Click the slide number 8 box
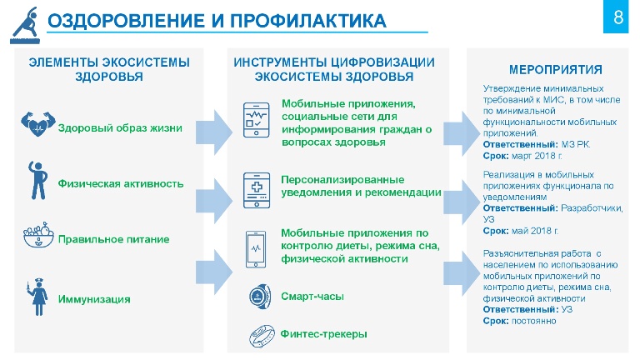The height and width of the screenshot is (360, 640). click(x=616, y=17)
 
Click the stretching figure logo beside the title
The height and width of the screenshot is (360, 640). click(x=25, y=25)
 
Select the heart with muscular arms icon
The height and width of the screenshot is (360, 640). click(x=38, y=123)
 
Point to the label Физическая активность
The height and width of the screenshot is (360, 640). click(x=121, y=183)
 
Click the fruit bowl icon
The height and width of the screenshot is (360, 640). click(x=38, y=235)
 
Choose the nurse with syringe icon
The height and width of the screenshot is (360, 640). click(x=37, y=297)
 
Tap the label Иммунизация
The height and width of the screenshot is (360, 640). click(x=94, y=299)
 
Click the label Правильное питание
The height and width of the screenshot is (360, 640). click(x=114, y=239)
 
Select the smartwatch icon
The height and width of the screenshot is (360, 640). click(x=260, y=297)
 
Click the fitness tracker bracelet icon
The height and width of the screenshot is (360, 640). click(x=262, y=336)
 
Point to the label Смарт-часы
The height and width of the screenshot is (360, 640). click(x=312, y=297)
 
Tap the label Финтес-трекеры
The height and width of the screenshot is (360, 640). click(x=323, y=334)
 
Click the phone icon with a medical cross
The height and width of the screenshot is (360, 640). click(x=257, y=191)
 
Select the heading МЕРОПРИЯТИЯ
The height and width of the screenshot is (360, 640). click(x=556, y=70)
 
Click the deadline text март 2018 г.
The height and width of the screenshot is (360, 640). click(x=537, y=156)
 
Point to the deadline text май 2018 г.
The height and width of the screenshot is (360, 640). click(x=535, y=231)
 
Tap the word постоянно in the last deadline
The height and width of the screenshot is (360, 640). click(x=534, y=321)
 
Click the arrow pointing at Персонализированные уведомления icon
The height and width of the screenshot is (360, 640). click(x=214, y=201)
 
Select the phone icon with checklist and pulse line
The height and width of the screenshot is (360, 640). click(x=257, y=120)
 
